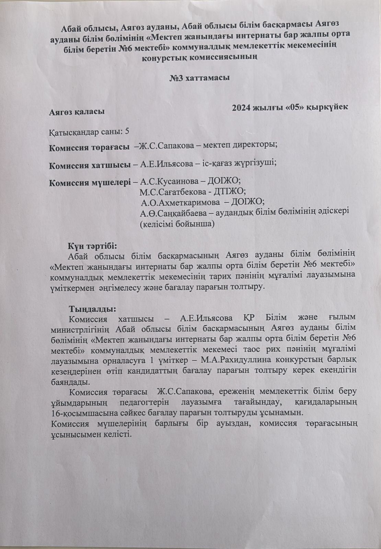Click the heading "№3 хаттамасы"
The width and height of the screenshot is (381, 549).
pos(199,78)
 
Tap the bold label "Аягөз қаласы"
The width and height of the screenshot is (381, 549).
pos(77,112)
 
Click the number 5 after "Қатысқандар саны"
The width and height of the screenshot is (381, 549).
pos(127,131)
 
